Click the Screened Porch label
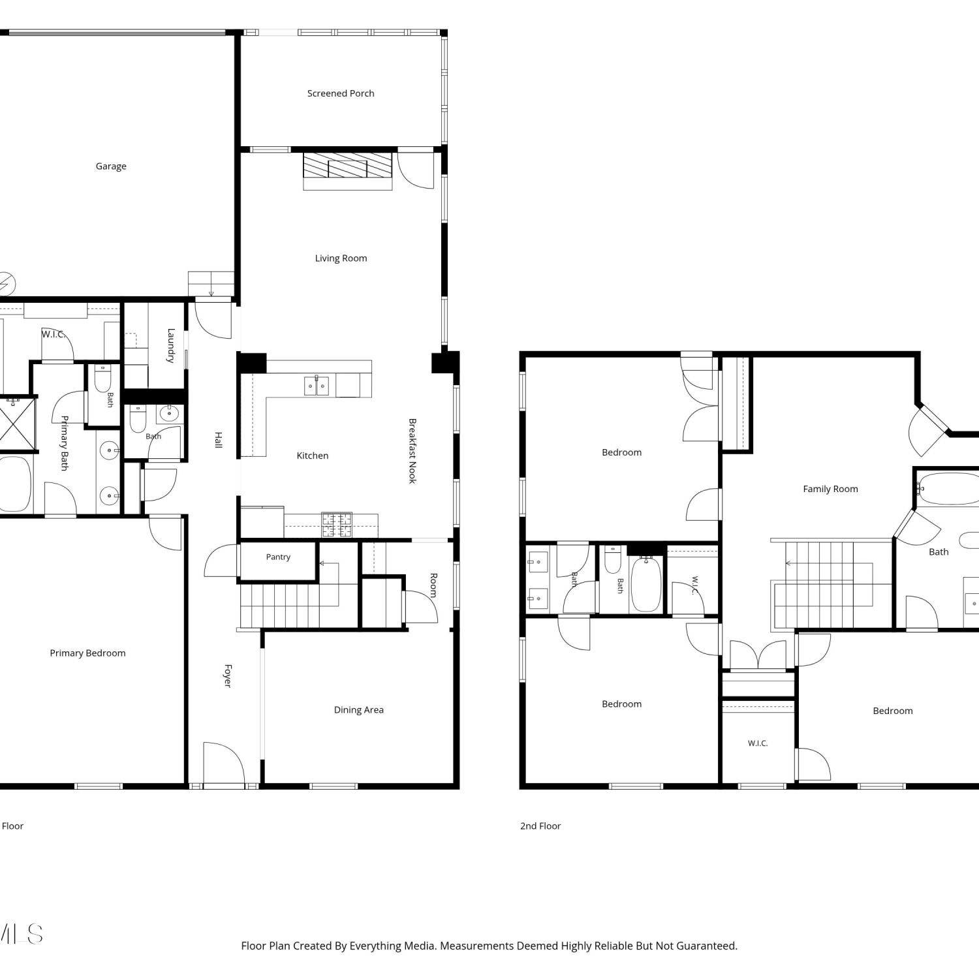click(x=341, y=93)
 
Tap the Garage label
click(x=111, y=166)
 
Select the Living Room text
click(x=341, y=258)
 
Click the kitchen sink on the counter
click(x=317, y=386)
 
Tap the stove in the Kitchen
click(x=337, y=525)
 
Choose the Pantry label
click(x=278, y=557)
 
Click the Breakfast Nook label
click(x=412, y=451)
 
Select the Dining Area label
click(x=359, y=710)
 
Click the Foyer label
click(x=228, y=676)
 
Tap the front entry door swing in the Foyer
click(x=224, y=762)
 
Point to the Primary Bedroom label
click(x=87, y=653)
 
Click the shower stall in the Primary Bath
click(x=14, y=425)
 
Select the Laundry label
click(x=171, y=345)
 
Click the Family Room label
click(x=830, y=489)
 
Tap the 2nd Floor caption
click(x=540, y=826)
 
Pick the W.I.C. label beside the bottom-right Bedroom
click(x=758, y=743)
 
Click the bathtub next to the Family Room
click(x=948, y=489)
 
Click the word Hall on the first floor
click(x=219, y=440)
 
